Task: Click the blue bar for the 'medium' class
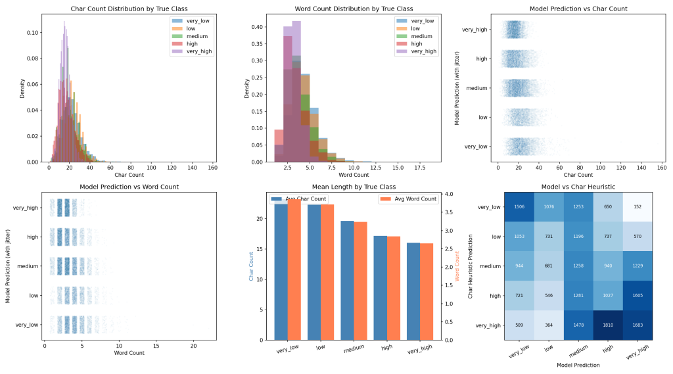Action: tap(347, 280)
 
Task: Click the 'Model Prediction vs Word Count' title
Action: tap(129, 187)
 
